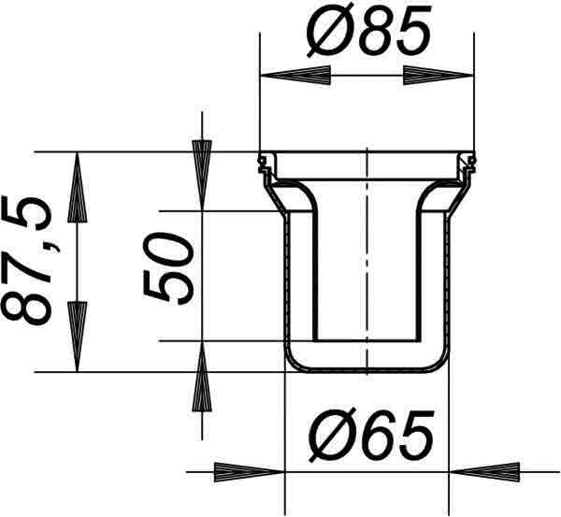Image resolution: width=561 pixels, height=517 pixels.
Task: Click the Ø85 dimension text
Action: pyautogui.click(x=369, y=30)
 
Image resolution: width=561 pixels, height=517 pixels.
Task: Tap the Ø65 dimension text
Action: pyautogui.click(x=371, y=435)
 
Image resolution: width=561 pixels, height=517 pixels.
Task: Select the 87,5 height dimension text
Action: pyautogui.click(x=28, y=261)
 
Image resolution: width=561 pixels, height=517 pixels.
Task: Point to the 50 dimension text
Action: pyautogui.click(x=168, y=268)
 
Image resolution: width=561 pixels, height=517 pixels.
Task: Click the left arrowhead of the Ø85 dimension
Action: pyautogui.click(x=295, y=76)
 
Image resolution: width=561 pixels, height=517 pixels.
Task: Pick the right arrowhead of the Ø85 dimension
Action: pyautogui.click(x=439, y=76)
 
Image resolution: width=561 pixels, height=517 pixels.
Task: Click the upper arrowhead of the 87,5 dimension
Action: pyautogui.click(x=78, y=188)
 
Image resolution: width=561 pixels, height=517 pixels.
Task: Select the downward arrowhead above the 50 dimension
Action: pyautogui.click(x=202, y=175)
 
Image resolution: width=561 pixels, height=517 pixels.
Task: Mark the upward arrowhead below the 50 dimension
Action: pyautogui.click(x=202, y=377)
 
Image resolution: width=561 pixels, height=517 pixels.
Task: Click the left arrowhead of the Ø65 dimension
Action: pyautogui.click(x=249, y=472)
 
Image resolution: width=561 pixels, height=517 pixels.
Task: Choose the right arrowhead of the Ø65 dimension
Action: pyautogui.click(x=484, y=472)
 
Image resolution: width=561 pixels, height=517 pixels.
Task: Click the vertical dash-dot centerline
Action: pyautogui.click(x=367, y=261)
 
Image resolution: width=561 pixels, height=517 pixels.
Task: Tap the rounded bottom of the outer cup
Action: pyautogui.click(x=367, y=370)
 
